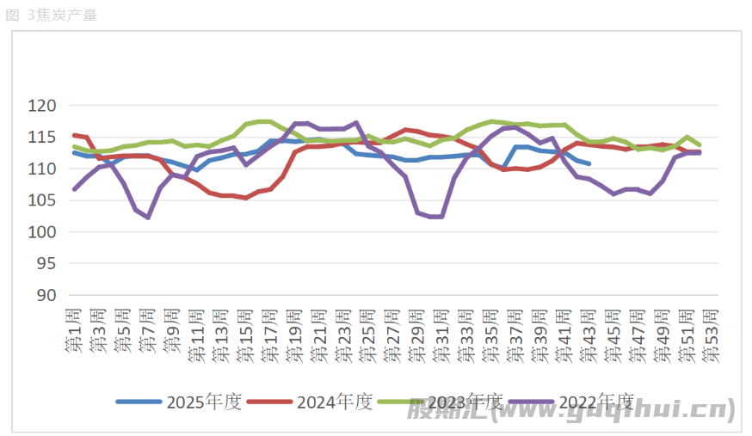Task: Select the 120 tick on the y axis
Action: point(42,106)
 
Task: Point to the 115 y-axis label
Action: point(42,138)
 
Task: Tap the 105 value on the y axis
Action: point(42,200)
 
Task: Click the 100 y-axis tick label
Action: point(42,232)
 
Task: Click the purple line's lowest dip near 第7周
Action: point(148,218)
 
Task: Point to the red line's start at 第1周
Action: point(74,135)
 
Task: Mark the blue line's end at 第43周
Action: point(589,163)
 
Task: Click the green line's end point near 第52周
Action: point(699,144)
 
